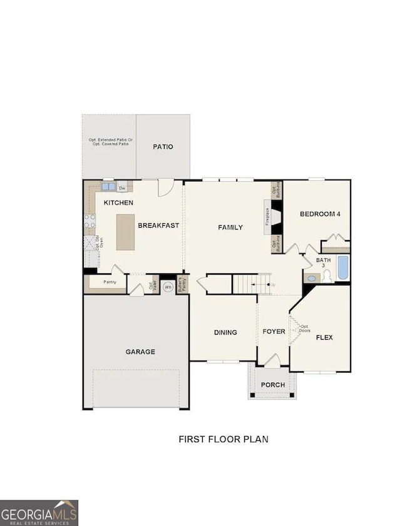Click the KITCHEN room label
click(x=118, y=203)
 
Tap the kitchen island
click(x=125, y=231)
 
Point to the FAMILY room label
click(x=230, y=227)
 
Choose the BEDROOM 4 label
click(x=320, y=214)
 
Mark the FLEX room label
click(x=324, y=337)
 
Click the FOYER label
click(x=274, y=331)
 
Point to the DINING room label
click(x=225, y=332)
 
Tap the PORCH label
click(x=273, y=385)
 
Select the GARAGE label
click(x=140, y=352)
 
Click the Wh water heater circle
click(x=167, y=287)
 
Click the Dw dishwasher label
click(x=122, y=187)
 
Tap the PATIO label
click(x=163, y=147)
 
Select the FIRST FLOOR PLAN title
click(x=224, y=439)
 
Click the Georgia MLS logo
click(x=39, y=512)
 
